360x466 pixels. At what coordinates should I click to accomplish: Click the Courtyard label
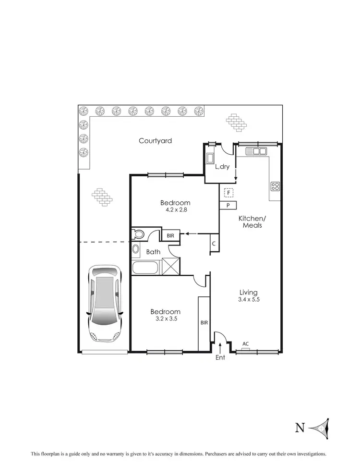pyautogui.click(x=155, y=141)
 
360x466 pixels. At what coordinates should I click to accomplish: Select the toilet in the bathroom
pyautogui.click(x=139, y=234)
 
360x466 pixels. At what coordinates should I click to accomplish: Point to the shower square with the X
pyautogui.click(x=171, y=266)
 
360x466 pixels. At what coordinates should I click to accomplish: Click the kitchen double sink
pyautogui.click(x=257, y=151)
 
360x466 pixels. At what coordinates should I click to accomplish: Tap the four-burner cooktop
pyautogui.click(x=276, y=186)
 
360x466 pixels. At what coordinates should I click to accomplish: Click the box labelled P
pyautogui.click(x=228, y=206)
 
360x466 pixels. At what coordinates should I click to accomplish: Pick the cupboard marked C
pyautogui.click(x=214, y=243)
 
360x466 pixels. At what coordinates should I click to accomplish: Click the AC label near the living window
pyautogui.click(x=245, y=344)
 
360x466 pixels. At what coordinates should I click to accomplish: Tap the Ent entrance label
pyautogui.click(x=220, y=358)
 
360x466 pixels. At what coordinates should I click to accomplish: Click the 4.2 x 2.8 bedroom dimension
pyautogui.click(x=175, y=210)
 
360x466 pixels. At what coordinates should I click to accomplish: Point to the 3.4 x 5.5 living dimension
pyautogui.click(x=249, y=299)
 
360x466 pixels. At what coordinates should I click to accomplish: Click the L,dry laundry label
pyautogui.click(x=222, y=167)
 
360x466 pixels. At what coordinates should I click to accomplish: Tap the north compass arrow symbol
pyautogui.click(x=319, y=427)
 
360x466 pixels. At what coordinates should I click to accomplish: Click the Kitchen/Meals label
pyautogui.click(x=252, y=221)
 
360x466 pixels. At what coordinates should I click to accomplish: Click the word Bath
pyautogui.click(x=153, y=251)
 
